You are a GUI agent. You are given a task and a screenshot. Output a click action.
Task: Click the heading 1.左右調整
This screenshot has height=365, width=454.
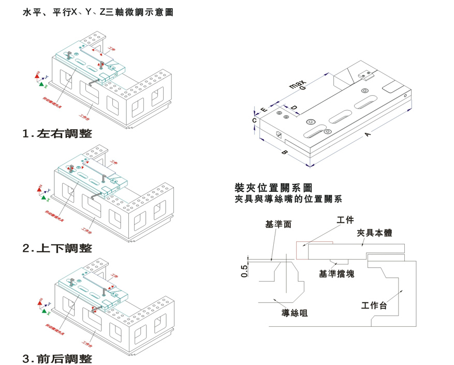coord(57,133)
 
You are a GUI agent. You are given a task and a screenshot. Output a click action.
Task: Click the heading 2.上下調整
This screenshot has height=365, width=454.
coord(57,248)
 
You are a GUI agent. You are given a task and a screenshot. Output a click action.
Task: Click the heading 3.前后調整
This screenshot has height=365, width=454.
coord(57,358)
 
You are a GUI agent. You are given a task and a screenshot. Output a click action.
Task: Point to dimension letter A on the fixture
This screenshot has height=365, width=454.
coord(368,134)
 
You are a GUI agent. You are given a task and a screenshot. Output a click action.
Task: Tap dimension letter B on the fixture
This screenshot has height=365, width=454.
coord(284,153)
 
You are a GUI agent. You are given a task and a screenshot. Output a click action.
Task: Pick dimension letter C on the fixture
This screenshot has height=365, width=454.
coord(254,120)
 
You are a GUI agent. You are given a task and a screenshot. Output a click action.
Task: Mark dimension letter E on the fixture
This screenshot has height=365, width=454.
coord(264,110)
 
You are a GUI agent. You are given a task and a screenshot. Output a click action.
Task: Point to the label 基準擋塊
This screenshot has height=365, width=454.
coord(336,273)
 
